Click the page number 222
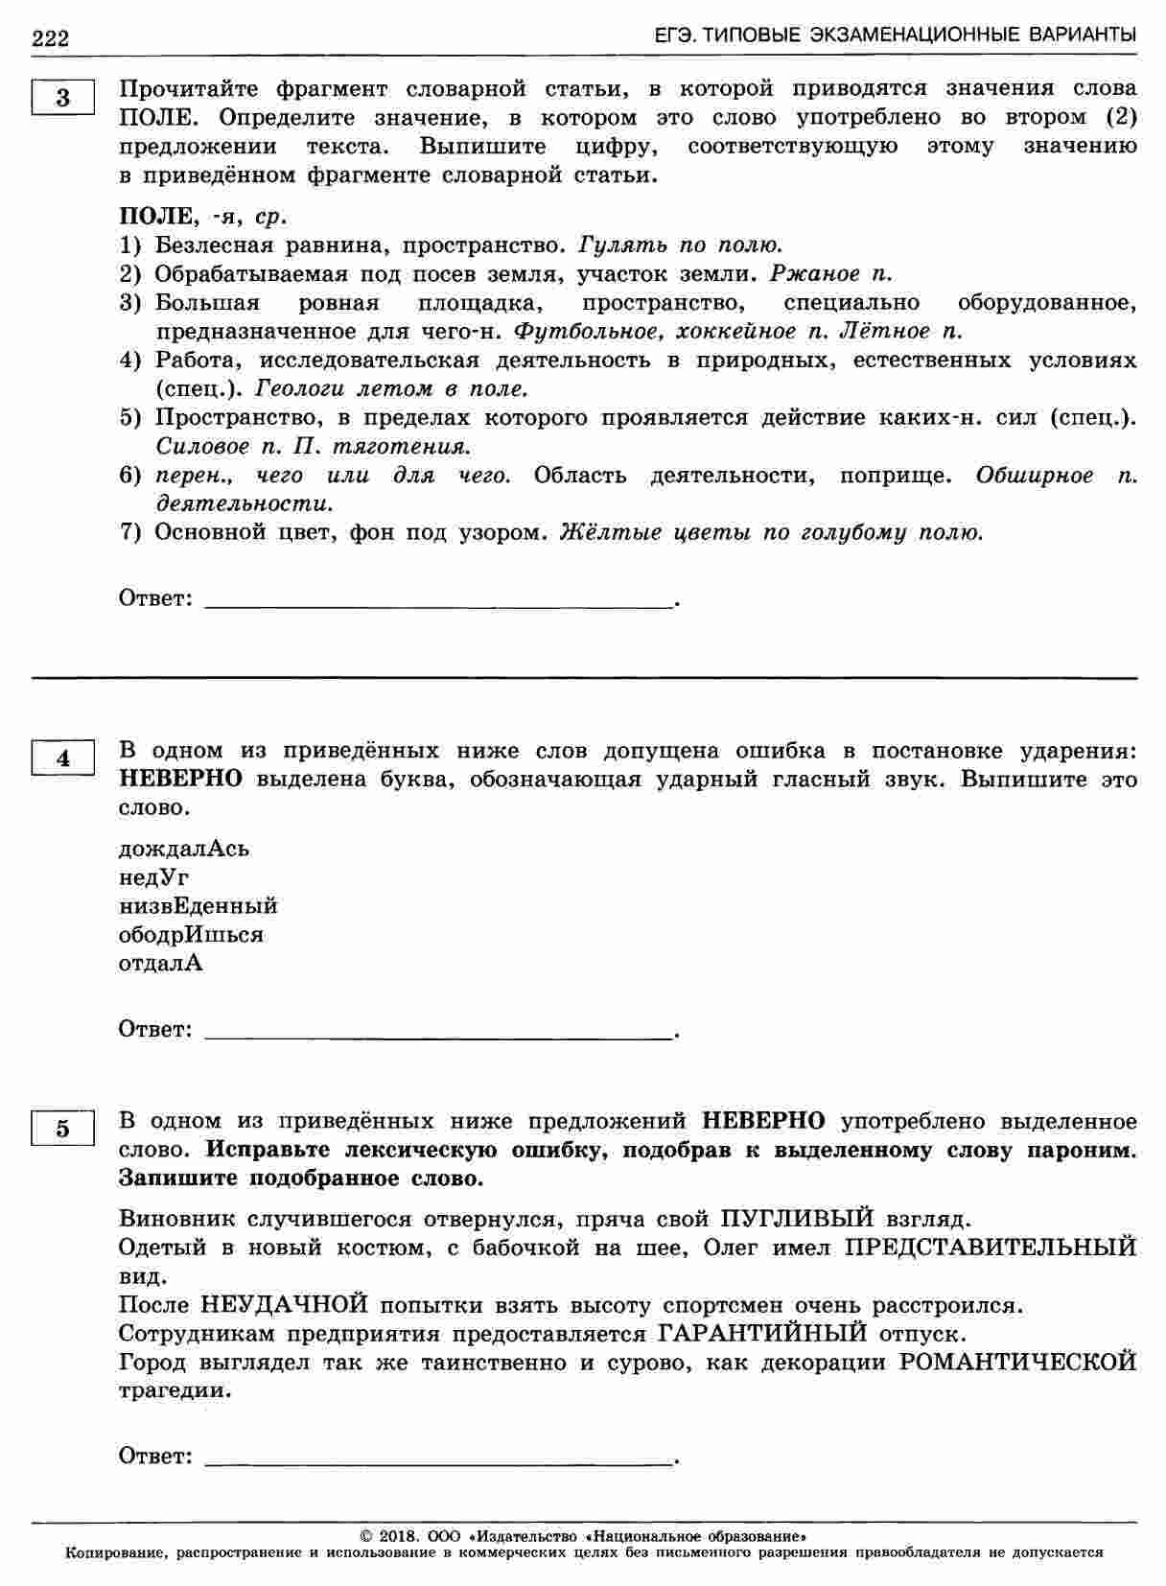click(50, 38)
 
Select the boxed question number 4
click(63, 758)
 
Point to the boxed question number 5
click(63, 1128)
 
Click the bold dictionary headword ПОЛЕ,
click(156, 216)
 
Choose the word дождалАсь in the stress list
click(184, 849)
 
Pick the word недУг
click(154, 877)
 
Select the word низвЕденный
click(198, 906)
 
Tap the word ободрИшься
click(191, 935)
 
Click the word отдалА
click(161, 964)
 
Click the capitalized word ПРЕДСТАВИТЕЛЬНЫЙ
click(991, 1248)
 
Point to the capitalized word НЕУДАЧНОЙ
click(286, 1305)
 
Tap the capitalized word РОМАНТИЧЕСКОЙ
click(1018, 1363)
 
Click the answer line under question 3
click(439, 604)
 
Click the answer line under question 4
click(439, 1036)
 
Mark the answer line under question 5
click(439, 1462)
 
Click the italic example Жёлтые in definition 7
click(596, 533)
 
